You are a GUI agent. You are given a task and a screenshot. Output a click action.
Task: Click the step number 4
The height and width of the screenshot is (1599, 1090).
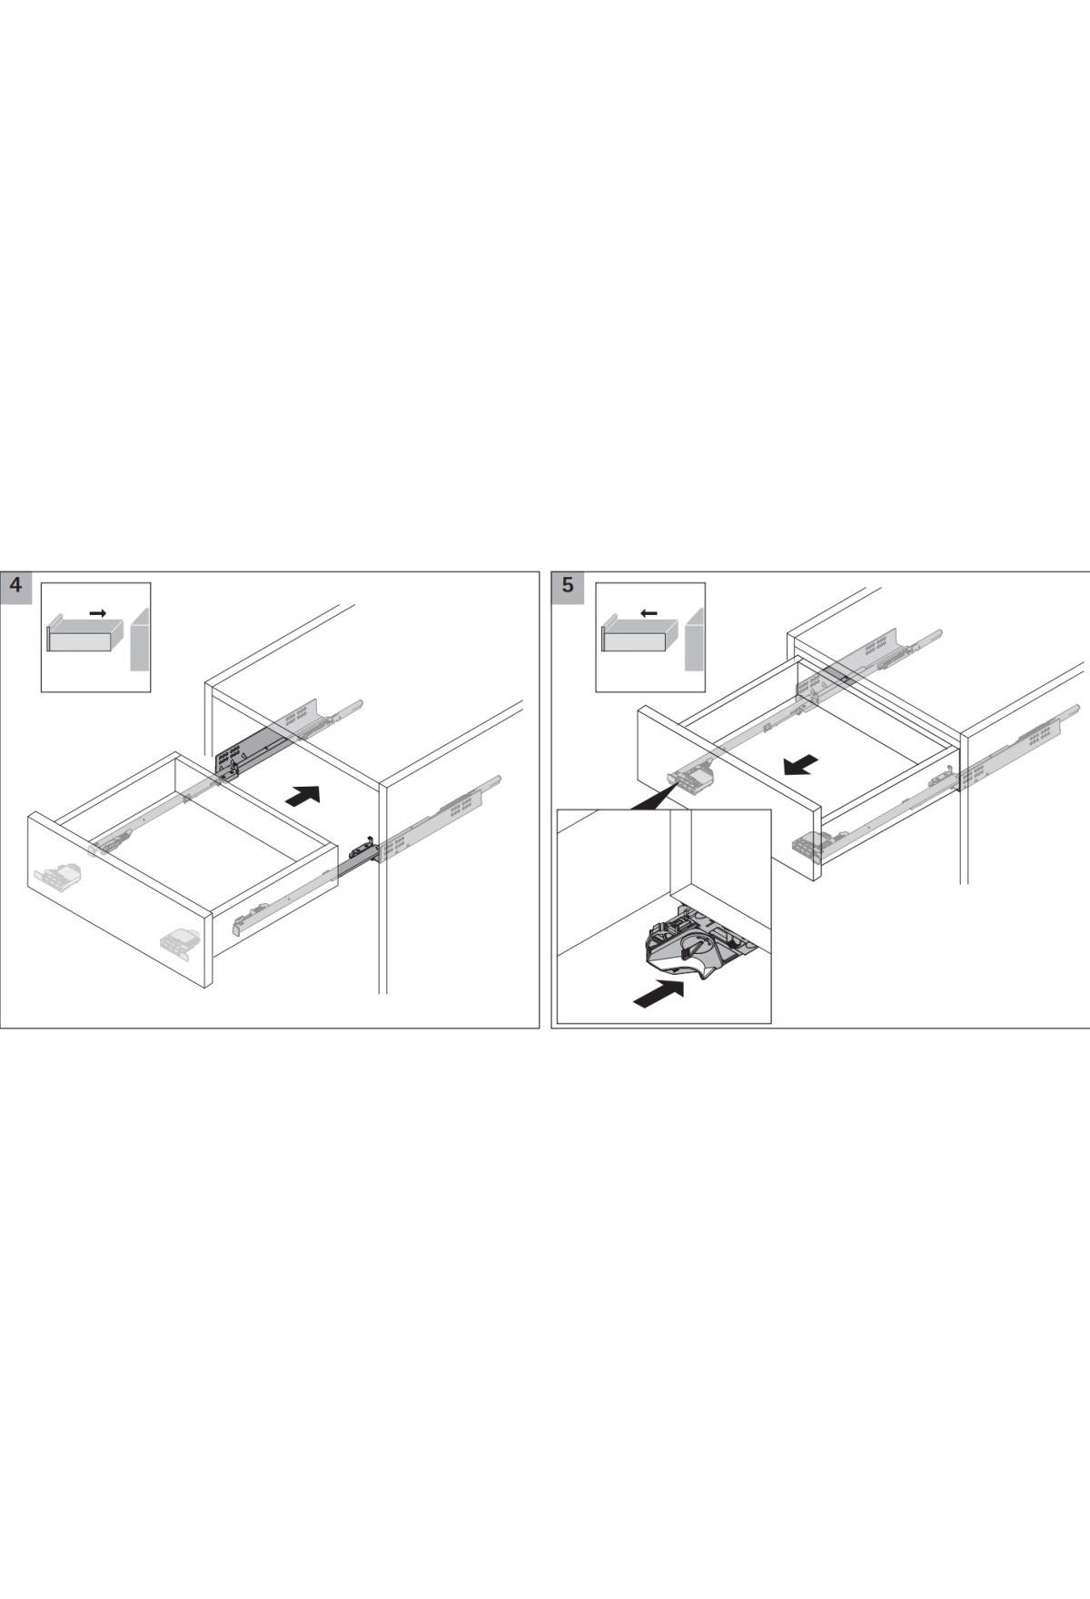pyautogui.click(x=16, y=586)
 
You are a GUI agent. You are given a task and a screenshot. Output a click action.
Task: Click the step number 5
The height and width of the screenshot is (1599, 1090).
pyautogui.click(x=568, y=586)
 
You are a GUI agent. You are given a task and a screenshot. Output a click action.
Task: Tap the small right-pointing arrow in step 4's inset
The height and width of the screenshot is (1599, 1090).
pyautogui.click(x=98, y=614)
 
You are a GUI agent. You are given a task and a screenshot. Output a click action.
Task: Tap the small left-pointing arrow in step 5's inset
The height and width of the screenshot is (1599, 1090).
pyautogui.click(x=649, y=613)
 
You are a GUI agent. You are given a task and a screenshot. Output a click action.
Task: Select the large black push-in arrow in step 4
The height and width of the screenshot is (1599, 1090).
pyautogui.click(x=302, y=795)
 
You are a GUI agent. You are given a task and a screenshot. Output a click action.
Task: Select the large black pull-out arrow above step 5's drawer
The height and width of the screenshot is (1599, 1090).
pyautogui.click(x=801, y=765)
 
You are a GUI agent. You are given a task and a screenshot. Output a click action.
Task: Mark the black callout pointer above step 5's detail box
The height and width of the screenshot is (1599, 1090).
pyautogui.click(x=652, y=799)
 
